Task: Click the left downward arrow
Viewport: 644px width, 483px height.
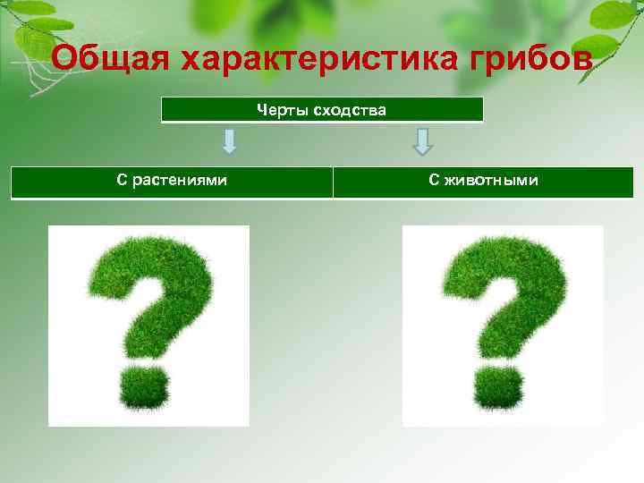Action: pos(229,141)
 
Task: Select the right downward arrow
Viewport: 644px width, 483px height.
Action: pos(423,141)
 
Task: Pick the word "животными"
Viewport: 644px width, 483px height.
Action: pos(492,181)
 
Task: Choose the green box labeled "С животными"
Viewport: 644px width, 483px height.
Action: pos(483,182)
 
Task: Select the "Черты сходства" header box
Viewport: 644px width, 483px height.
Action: pos(322,110)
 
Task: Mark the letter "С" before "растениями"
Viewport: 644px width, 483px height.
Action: pos(122,181)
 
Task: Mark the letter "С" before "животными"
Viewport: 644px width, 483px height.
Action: pos(433,181)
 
